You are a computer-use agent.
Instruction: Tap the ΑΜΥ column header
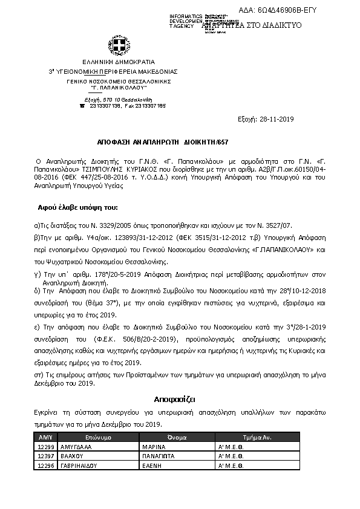45,436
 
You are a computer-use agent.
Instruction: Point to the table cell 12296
46,465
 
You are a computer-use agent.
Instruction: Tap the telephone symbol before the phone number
82,105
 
